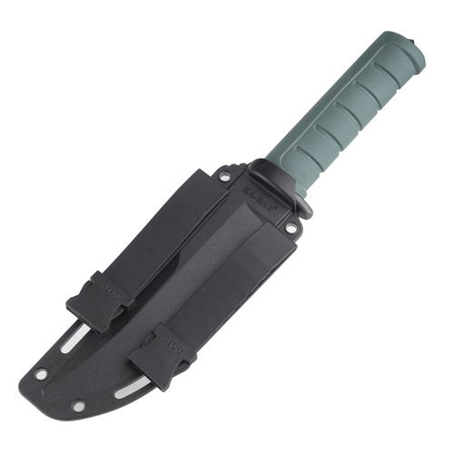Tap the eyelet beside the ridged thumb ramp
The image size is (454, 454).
223,176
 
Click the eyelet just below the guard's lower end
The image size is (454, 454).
291,229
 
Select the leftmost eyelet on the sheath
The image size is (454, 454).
43,371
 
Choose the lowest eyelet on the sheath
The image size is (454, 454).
79,406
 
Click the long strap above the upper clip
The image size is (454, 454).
163,227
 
